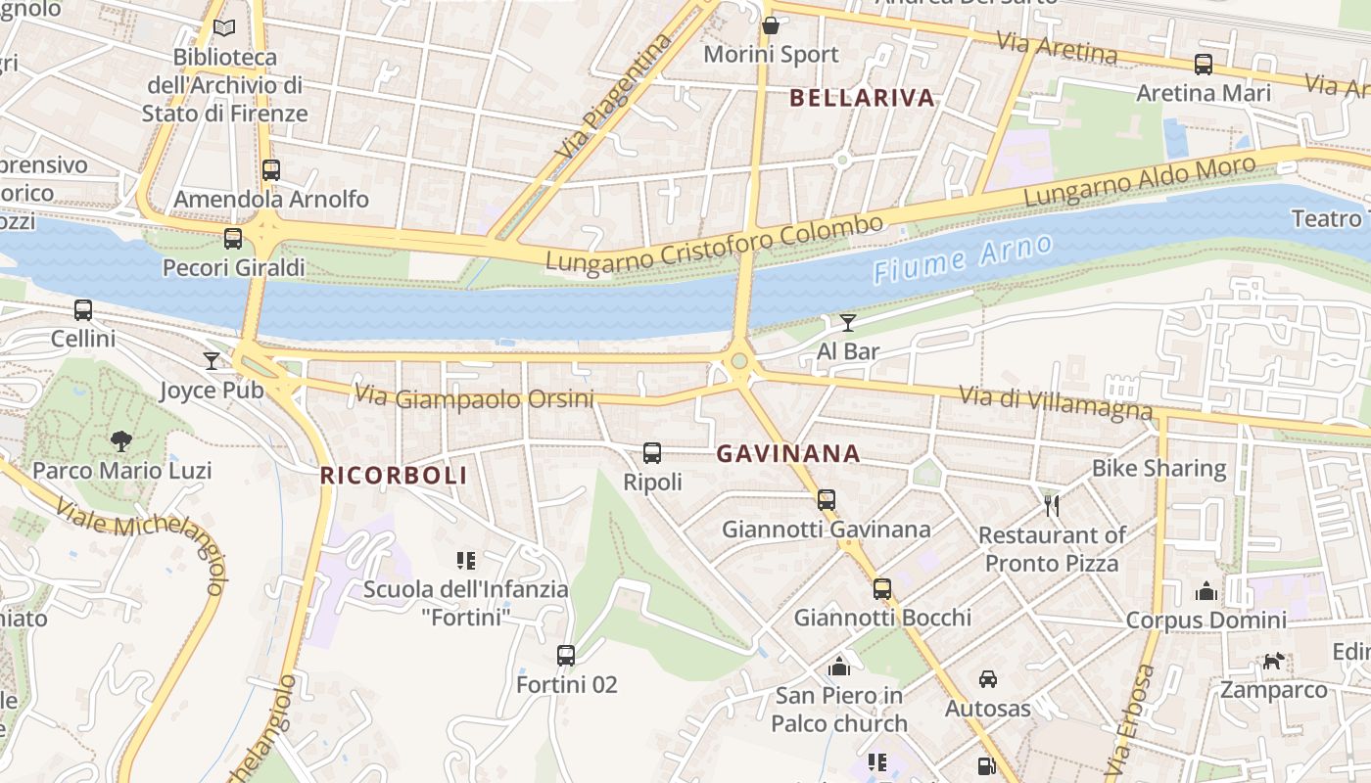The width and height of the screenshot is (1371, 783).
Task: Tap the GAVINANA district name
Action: pyautogui.click(x=788, y=454)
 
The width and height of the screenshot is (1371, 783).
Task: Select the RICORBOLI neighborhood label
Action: pyautogui.click(x=394, y=476)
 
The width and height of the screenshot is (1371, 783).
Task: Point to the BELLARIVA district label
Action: pyautogui.click(x=862, y=98)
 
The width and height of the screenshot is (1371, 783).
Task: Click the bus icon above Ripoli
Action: pyautogui.click(x=652, y=453)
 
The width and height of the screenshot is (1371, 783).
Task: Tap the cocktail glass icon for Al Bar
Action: pyautogui.click(x=848, y=323)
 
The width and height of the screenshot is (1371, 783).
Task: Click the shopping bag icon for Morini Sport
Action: pyautogui.click(x=771, y=26)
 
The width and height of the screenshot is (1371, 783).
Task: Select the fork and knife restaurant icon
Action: pyautogui.click(x=1053, y=505)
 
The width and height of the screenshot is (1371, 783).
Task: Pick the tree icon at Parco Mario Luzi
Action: pyautogui.click(x=121, y=440)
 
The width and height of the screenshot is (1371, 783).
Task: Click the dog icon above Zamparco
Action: pyautogui.click(x=1272, y=662)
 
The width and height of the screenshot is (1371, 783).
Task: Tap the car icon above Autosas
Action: pyautogui.click(x=987, y=678)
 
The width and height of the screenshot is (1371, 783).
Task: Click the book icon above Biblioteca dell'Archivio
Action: pyautogui.click(x=224, y=28)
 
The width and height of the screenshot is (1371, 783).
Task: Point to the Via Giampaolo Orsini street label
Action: pyautogui.click(x=474, y=397)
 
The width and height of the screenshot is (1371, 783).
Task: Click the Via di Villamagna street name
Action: pyautogui.click(x=1056, y=402)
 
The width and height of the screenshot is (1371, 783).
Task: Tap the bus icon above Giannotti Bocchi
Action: pyautogui.click(x=882, y=588)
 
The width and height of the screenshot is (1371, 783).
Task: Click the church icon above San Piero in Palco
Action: pyautogui.click(x=838, y=667)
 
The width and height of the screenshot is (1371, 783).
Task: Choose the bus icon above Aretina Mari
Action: pyautogui.click(x=1204, y=65)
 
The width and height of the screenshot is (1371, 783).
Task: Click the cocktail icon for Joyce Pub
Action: pyautogui.click(x=212, y=361)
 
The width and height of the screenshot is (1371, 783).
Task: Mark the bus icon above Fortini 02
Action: pyautogui.click(x=566, y=656)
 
